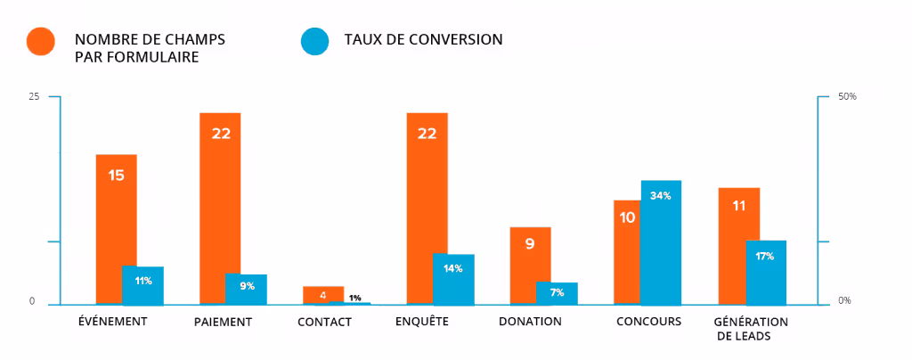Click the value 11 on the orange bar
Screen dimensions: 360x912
[x=738, y=206]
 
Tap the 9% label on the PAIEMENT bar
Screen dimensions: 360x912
[x=247, y=286]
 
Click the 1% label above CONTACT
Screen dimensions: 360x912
[x=355, y=298]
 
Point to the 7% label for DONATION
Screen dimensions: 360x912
[x=557, y=292]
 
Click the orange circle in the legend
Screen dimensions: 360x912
[x=41, y=41]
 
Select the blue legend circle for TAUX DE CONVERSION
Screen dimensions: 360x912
[x=314, y=41]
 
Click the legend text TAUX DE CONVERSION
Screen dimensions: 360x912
[x=423, y=39]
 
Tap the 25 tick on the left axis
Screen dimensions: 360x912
[x=34, y=96]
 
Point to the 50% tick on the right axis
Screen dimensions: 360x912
[x=847, y=96]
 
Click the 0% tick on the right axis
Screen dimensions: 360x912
[x=844, y=301]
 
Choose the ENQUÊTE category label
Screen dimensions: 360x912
[x=421, y=321]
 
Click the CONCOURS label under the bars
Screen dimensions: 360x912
[x=648, y=321]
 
